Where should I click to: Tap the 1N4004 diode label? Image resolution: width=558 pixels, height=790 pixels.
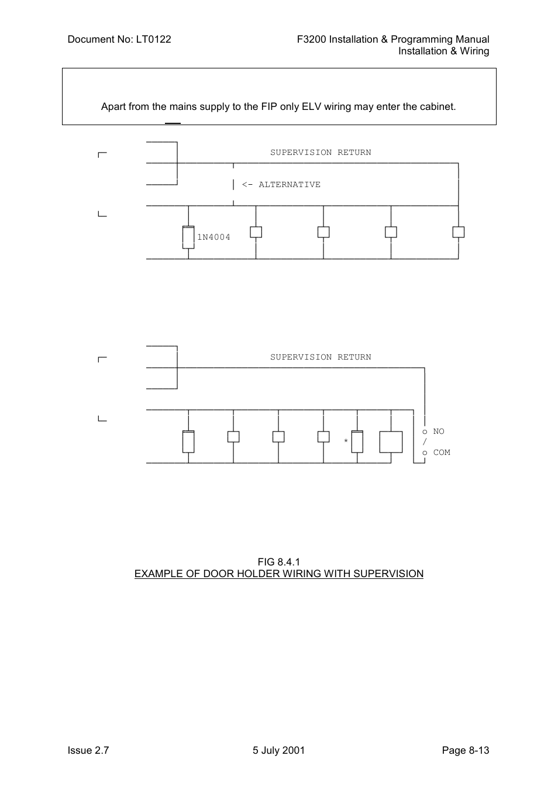point(213,237)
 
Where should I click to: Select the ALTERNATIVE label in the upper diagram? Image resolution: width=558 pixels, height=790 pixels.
point(290,184)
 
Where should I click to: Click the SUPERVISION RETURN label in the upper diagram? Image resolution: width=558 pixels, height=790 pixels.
point(321,152)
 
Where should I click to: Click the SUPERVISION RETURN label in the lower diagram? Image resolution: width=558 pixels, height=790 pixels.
point(321,357)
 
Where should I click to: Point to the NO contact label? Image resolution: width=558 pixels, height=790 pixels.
point(439,431)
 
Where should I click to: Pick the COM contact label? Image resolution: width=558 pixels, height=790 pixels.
point(442,452)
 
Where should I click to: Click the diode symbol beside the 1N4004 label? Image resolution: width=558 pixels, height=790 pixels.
point(188,237)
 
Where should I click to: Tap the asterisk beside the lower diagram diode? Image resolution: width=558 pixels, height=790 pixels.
point(346,441)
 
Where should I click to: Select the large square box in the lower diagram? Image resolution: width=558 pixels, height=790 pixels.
point(391,441)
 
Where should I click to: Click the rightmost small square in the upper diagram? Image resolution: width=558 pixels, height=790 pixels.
point(459,232)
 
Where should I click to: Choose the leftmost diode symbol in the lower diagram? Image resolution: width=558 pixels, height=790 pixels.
point(188,441)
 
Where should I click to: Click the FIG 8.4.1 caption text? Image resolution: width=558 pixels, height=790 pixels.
point(278,562)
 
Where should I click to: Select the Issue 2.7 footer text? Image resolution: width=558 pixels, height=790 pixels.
point(88,750)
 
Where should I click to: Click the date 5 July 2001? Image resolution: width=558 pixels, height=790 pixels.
point(278,750)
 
